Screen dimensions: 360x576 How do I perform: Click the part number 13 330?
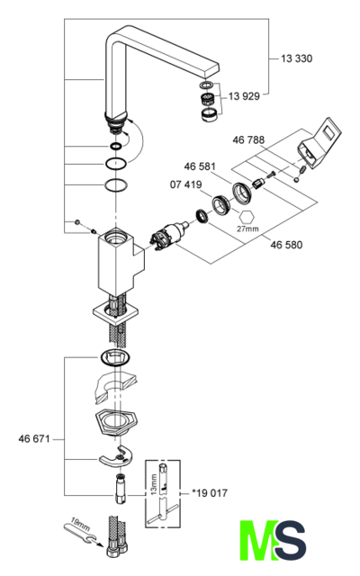[x=296, y=58]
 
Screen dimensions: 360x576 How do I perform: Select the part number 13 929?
[x=244, y=96]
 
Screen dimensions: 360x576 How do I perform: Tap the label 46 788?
[x=248, y=140]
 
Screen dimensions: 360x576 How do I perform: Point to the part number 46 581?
[x=200, y=166]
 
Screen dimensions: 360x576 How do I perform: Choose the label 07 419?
[x=186, y=184]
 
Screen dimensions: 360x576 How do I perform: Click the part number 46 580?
[x=286, y=245]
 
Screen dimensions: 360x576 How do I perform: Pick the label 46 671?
[x=34, y=439]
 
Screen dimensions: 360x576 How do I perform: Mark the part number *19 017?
[x=210, y=493]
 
